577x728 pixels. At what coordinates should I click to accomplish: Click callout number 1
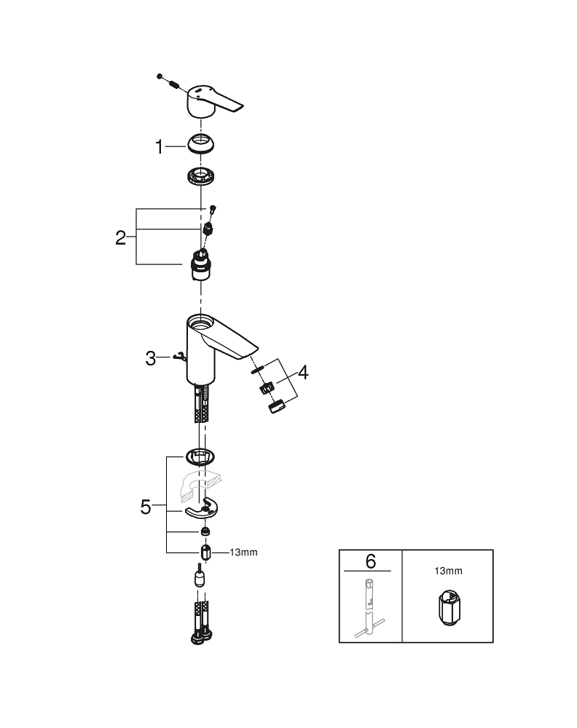tap(160, 147)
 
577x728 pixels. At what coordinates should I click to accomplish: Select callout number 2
tap(122, 237)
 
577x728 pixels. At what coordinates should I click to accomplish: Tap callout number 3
tap(151, 357)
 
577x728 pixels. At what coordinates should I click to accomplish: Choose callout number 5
tap(146, 507)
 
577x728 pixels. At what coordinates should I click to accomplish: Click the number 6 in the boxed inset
tap(370, 561)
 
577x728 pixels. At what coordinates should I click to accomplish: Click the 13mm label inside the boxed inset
tap(447, 572)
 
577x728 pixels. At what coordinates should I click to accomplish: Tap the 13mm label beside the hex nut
tap(243, 553)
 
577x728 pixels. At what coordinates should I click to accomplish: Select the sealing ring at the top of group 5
tap(200, 456)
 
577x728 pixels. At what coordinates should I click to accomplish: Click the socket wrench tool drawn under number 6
tap(370, 604)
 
